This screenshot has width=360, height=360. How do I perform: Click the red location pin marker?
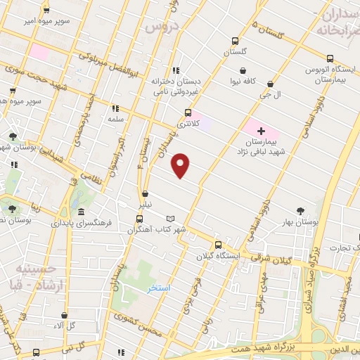(x=181, y=165)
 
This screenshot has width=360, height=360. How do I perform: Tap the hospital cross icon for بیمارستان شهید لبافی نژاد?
(x=261, y=131)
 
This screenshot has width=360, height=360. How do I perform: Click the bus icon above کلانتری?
(x=188, y=112)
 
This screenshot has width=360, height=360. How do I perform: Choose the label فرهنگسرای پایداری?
(x=82, y=223)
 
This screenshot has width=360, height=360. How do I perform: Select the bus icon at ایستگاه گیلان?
(x=218, y=245)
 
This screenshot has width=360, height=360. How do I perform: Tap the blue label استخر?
(x=160, y=288)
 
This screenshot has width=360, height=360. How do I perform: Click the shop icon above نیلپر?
(x=144, y=193)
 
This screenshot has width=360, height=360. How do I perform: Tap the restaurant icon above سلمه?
(x=115, y=108)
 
